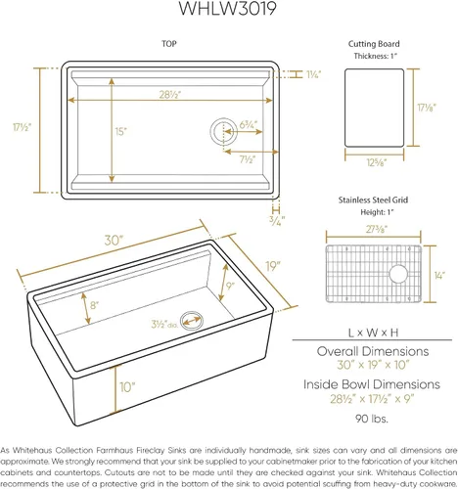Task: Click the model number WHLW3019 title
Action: point(228,8)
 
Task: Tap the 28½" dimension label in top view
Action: point(169,95)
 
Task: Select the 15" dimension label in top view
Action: point(120,131)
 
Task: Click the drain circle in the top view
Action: point(224,131)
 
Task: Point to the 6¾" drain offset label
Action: point(249,124)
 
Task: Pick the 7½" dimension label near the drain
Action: point(247,159)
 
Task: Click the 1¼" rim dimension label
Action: point(313,74)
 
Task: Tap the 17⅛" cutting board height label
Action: point(427,108)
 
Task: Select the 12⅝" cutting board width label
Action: point(377,162)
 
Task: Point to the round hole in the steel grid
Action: point(398,274)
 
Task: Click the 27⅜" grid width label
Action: point(377,229)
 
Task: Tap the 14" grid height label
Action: point(439,276)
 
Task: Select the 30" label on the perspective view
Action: point(114,241)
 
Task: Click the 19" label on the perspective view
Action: point(273,266)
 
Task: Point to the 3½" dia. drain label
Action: point(164,324)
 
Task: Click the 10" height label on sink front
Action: point(127,387)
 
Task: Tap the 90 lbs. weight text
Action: point(372,419)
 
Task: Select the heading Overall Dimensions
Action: point(373,351)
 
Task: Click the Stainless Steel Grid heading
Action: point(373,200)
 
